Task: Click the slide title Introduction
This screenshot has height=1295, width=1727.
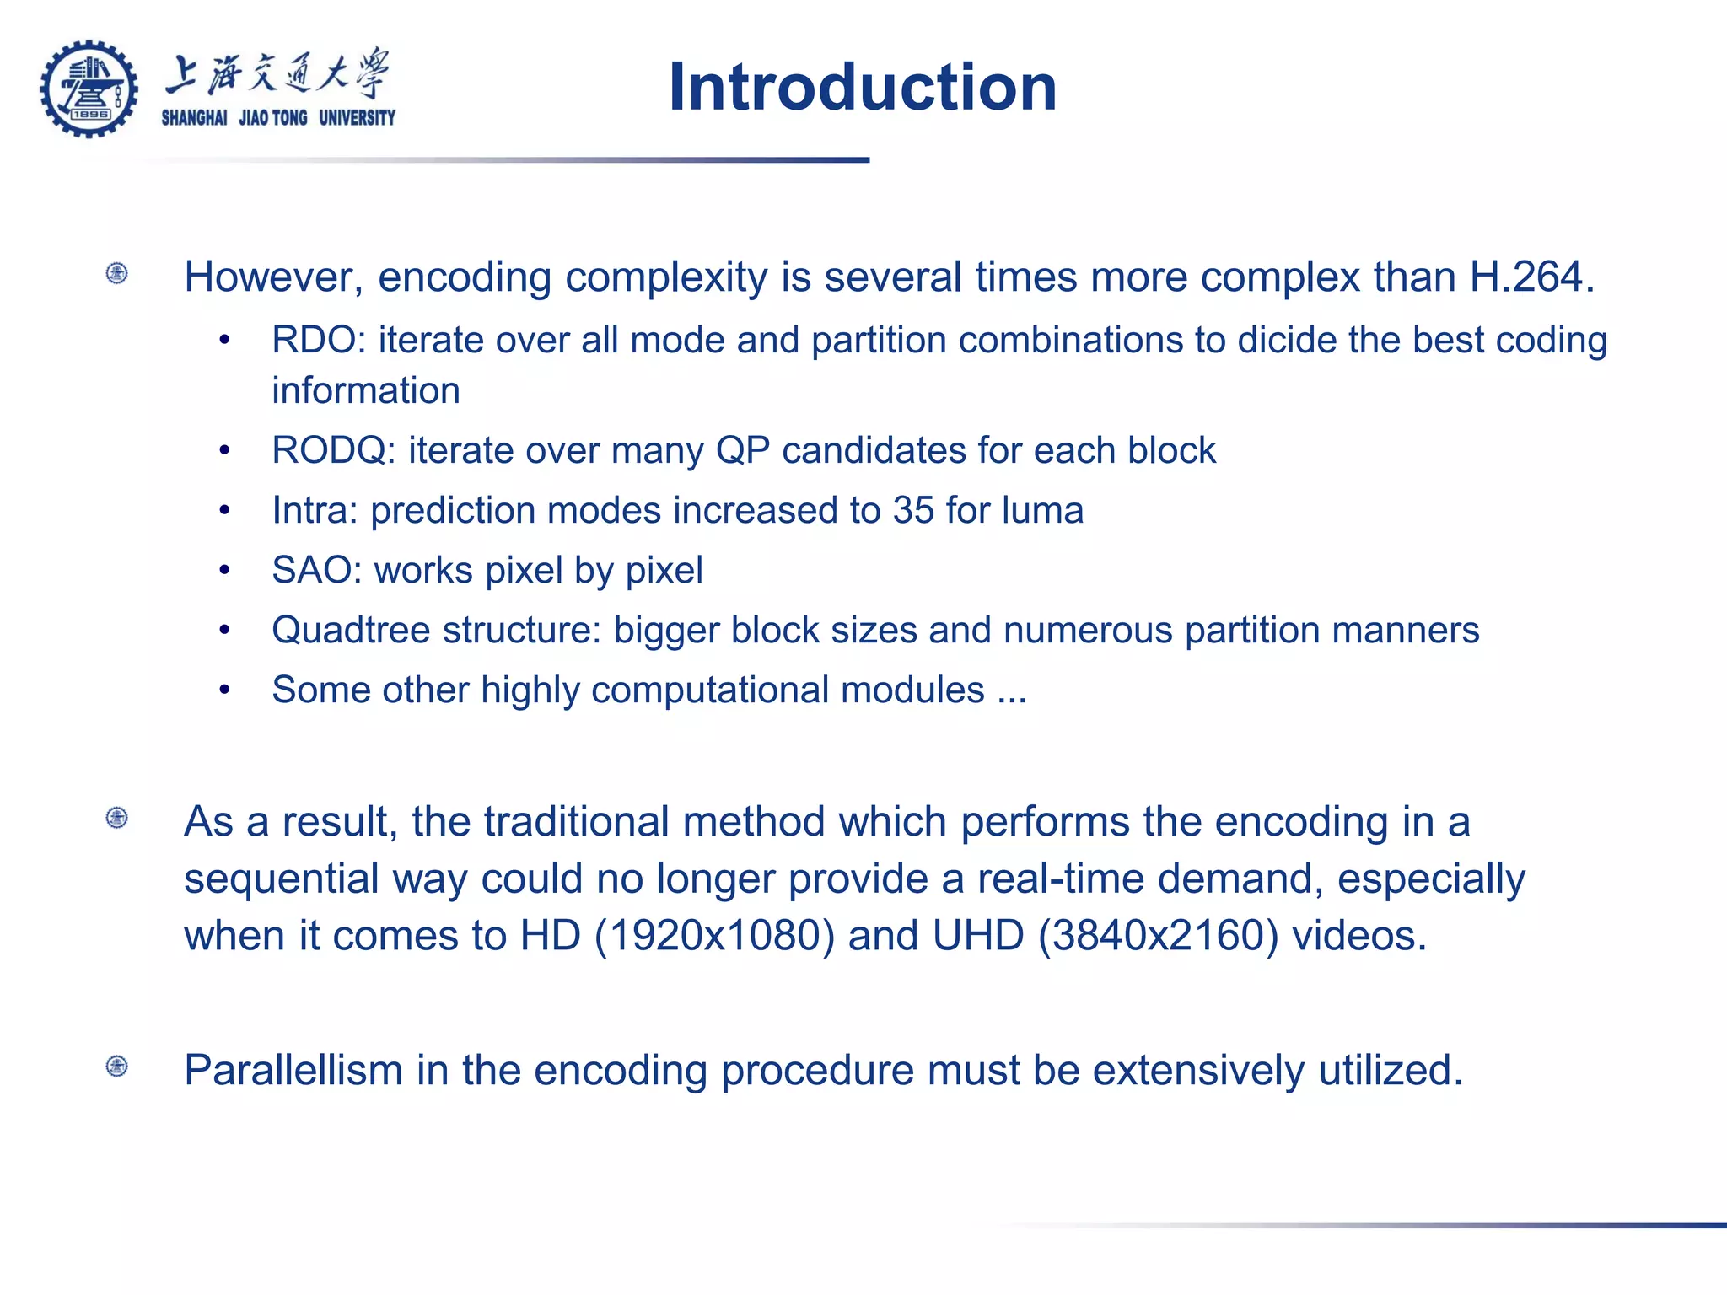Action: [x=862, y=87]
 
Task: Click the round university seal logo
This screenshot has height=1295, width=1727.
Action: [x=89, y=89]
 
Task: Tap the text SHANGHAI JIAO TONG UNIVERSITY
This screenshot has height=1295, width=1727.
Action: [x=278, y=118]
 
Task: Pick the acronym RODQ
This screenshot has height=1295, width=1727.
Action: [x=329, y=450]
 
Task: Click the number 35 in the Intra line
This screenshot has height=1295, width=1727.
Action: [x=913, y=510]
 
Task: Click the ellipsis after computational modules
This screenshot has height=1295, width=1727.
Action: [x=1011, y=690]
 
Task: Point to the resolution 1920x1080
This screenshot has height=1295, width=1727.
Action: [x=714, y=936]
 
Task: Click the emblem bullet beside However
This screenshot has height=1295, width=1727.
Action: [x=117, y=273]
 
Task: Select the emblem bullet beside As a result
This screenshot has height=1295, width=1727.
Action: [x=117, y=818]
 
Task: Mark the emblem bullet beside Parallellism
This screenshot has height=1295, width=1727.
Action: [x=117, y=1067]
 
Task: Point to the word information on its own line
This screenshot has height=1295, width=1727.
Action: [x=366, y=391]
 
